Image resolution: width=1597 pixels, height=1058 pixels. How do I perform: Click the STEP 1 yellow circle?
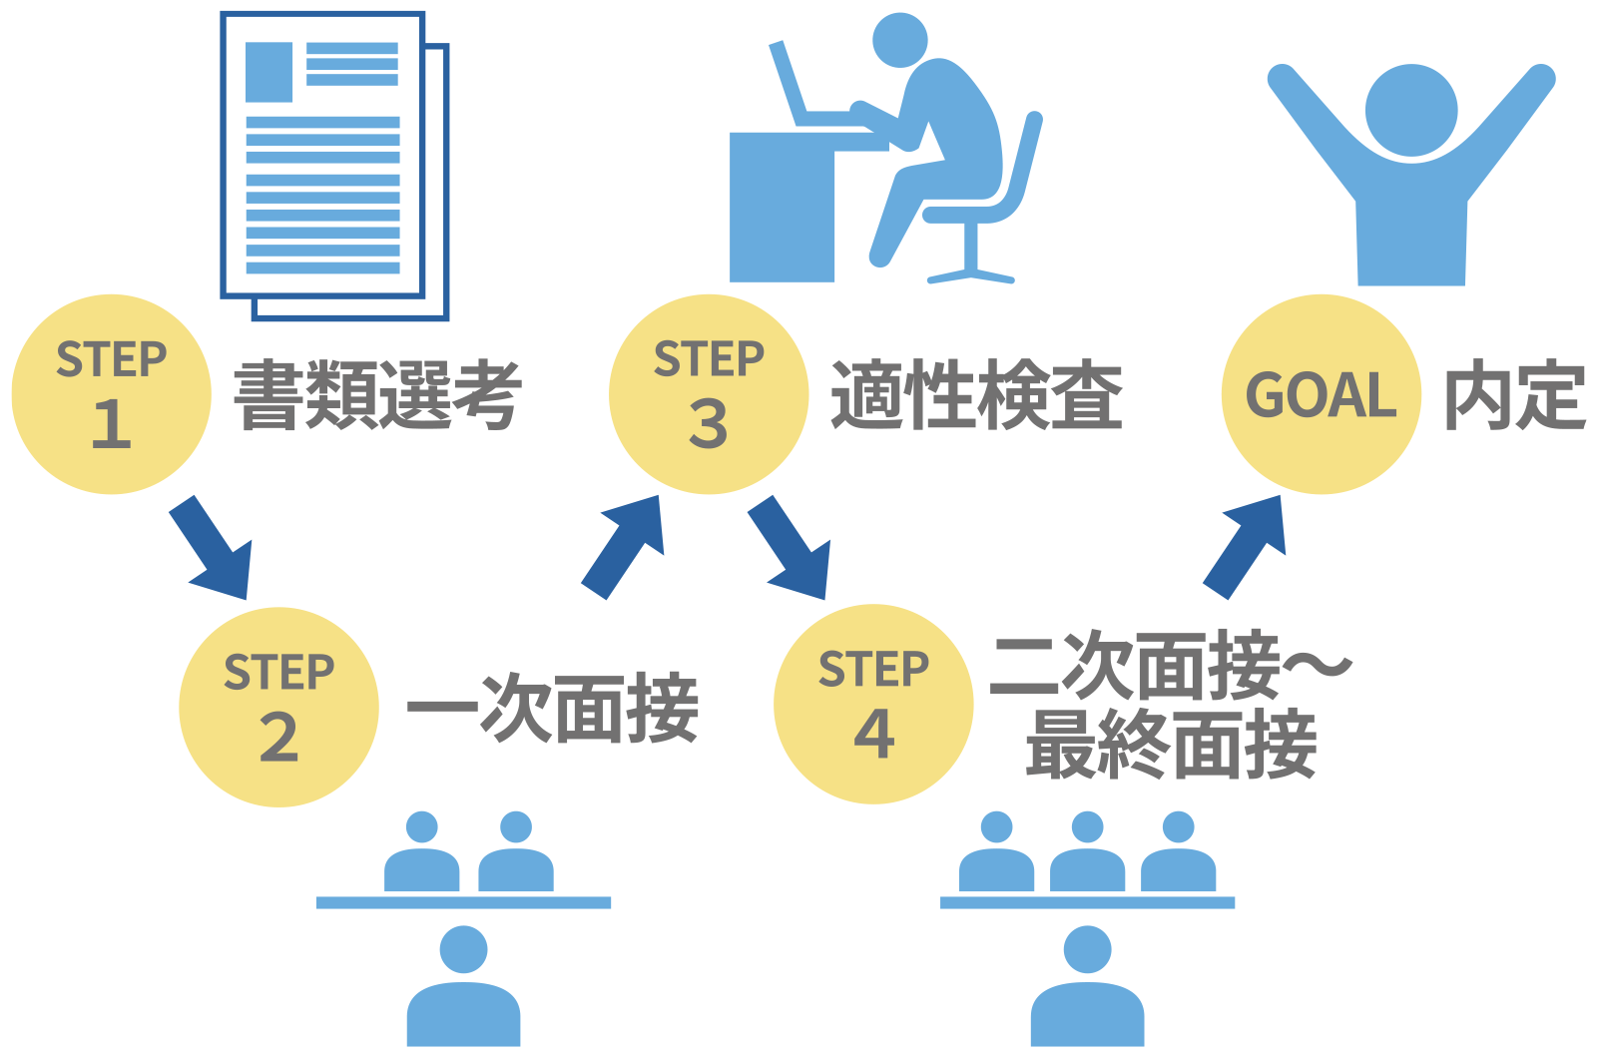click(x=111, y=394)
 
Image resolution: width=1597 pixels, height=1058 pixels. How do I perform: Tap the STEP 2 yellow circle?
click(x=278, y=707)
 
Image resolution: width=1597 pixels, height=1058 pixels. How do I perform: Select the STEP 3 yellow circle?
click(x=708, y=394)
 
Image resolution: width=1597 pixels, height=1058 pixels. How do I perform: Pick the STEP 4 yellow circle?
click(x=873, y=704)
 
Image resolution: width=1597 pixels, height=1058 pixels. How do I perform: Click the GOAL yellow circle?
click(x=1321, y=394)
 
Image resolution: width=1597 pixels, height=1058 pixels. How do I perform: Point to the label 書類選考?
click(x=377, y=395)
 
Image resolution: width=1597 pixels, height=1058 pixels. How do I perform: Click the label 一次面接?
click(x=552, y=709)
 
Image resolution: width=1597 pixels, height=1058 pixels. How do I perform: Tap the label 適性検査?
click(x=976, y=395)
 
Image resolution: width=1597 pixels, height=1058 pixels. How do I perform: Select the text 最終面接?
click(x=1171, y=745)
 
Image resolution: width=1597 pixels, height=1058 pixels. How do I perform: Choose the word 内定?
click(x=1514, y=395)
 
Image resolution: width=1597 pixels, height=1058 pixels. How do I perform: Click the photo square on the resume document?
click(x=268, y=72)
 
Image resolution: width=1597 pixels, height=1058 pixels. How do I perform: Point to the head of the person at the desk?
click(x=899, y=41)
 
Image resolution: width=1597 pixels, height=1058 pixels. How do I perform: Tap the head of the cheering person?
click(x=1411, y=110)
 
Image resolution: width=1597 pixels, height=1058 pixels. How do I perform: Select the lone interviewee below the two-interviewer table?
click(x=463, y=988)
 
